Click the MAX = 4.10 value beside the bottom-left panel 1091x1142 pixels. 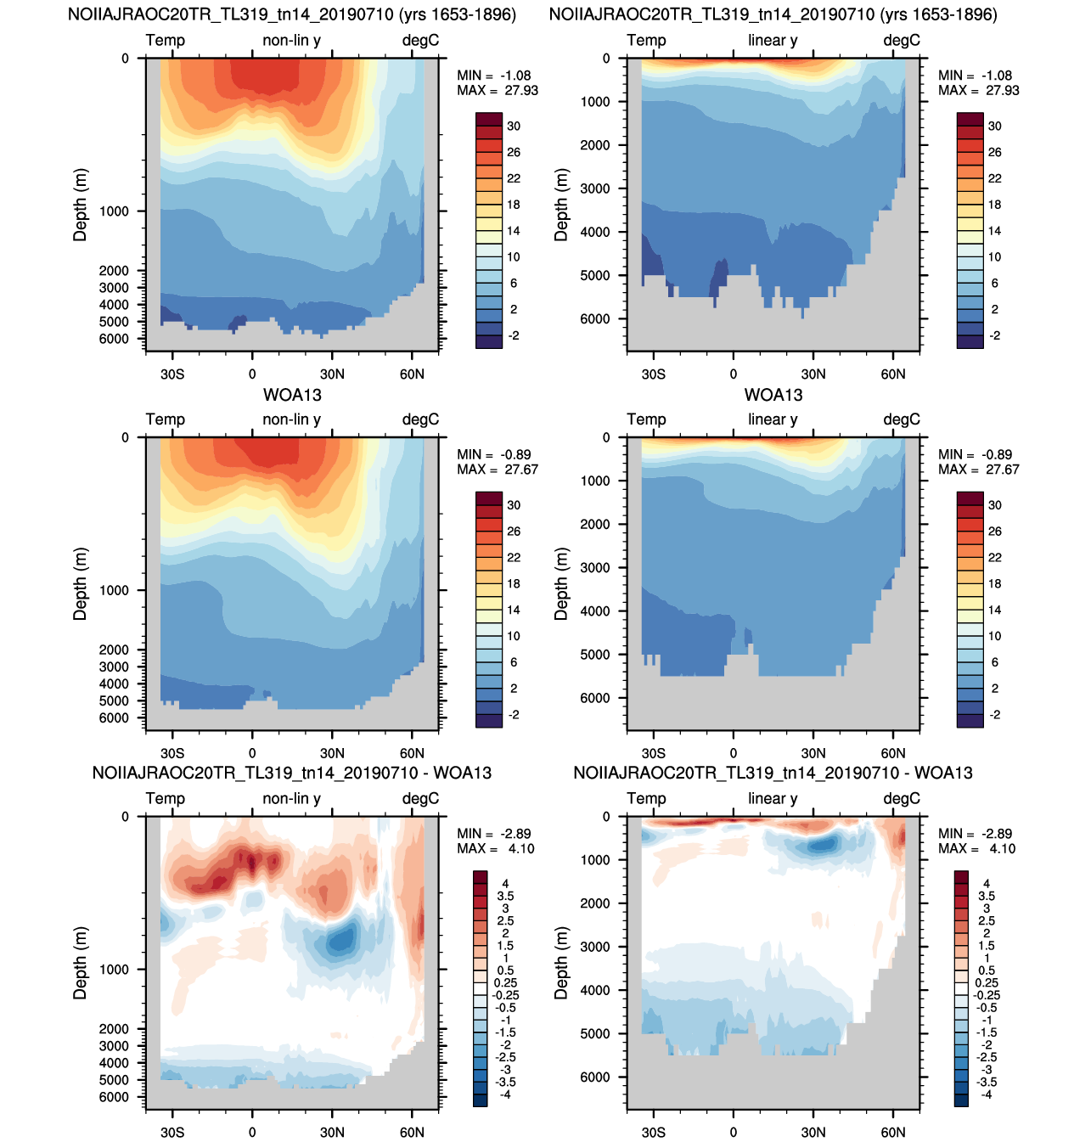[495, 848]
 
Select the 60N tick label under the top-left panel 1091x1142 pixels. [412, 374]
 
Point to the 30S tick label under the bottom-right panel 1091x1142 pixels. [653, 1132]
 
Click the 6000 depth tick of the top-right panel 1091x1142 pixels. [595, 318]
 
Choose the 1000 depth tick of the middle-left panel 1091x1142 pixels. [114, 590]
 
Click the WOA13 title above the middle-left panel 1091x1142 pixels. [292, 395]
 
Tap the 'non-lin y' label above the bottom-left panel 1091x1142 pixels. [292, 799]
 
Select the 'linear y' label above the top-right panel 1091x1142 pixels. [773, 41]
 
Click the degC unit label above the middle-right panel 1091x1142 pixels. [902, 419]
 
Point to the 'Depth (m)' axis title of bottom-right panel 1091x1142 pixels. [562, 963]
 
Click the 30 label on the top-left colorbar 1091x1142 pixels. [514, 127]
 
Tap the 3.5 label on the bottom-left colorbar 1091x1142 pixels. [505, 896]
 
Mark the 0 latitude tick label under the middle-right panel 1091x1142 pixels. [733, 753]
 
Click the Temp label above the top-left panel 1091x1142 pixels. [165, 41]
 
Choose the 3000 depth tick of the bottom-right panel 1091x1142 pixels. [595, 947]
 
